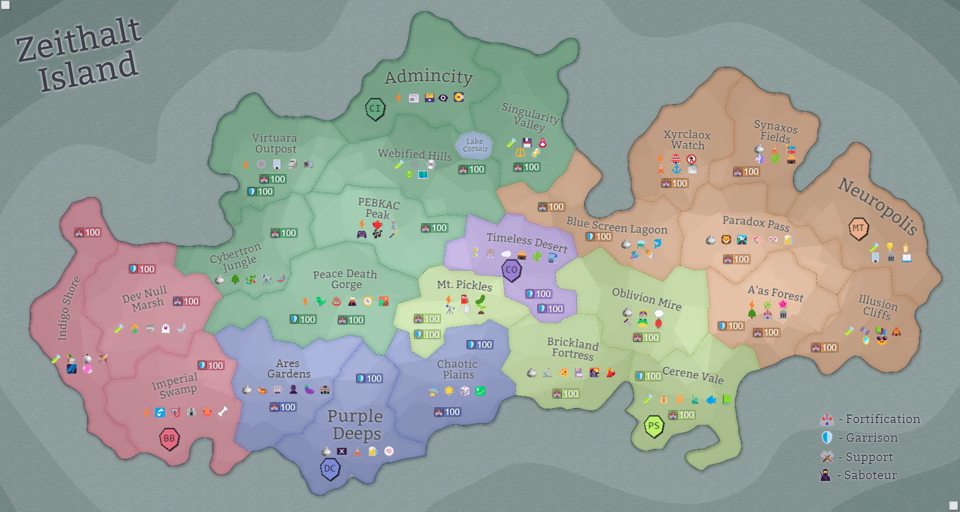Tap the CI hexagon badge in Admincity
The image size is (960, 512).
tap(375, 108)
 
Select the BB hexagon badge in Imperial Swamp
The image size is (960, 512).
tap(169, 438)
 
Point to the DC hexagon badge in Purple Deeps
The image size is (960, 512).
tap(330, 469)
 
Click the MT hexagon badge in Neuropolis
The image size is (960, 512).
tap(858, 229)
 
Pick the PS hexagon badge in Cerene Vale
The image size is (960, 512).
tap(654, 426)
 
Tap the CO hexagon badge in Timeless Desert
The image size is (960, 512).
tap(512, 270)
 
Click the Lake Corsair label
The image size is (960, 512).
tap(475, 145)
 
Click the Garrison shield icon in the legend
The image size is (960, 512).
tap(827, 438)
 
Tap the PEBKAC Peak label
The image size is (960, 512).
tap(378, 208)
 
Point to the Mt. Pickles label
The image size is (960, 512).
tap(464, 285)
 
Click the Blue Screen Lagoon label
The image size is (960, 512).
tap(616, 226)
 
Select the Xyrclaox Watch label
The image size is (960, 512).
tap(687, 140)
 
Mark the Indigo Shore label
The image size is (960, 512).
tap(68, 308)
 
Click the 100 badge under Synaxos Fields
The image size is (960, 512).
tap(747, 171)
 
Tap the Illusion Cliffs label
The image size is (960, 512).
tap(877, 307)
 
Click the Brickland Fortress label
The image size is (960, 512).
tap(572, 348)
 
